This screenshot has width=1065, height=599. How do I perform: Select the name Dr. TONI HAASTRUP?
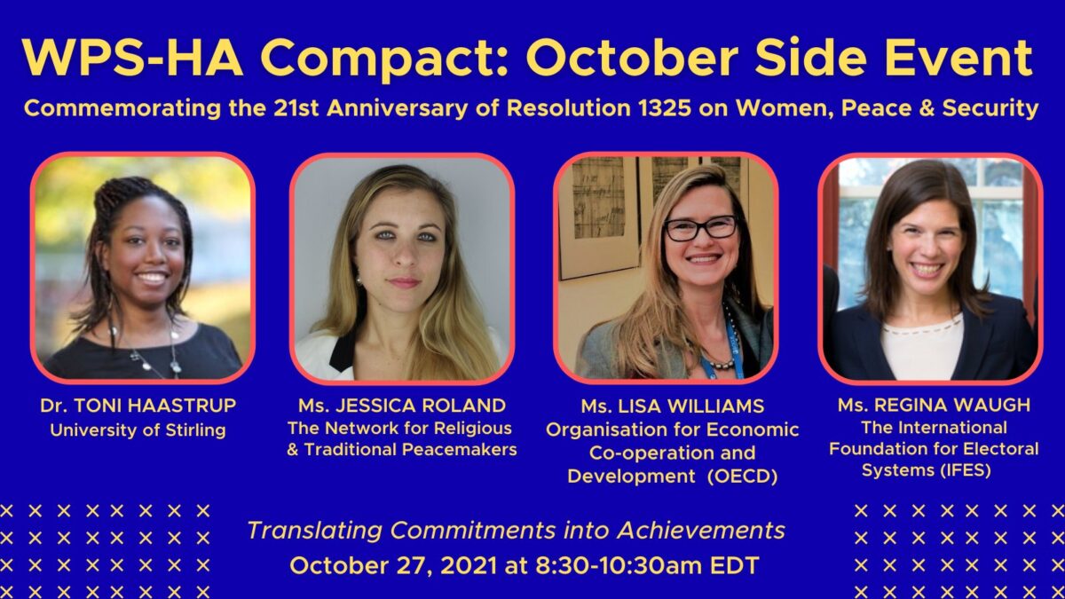(x=138, y=406)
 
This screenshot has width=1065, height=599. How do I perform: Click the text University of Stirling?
(x=138, y=430)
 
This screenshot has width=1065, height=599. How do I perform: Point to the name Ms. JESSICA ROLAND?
(x=402, y=406)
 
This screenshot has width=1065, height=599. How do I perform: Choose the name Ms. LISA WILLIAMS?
(x=673, y=406)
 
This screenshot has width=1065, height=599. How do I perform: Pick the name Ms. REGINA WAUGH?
(x=934, y=405)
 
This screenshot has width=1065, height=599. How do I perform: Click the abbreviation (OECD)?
(x=742, y=477)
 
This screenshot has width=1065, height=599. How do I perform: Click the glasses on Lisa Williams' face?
(x=701, y=228)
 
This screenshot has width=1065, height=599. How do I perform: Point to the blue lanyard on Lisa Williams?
(x=728, y=347)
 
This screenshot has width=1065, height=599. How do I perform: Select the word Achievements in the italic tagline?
(x=701, y=531)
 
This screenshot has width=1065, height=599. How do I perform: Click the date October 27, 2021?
(x=393, y=566)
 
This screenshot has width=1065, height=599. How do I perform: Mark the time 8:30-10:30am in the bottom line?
(x=619, y=566)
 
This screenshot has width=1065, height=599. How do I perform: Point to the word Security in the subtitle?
(x=990, y=108)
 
